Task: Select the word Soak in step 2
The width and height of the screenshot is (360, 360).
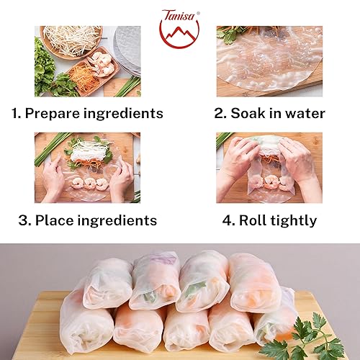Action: tap(257, 113)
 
